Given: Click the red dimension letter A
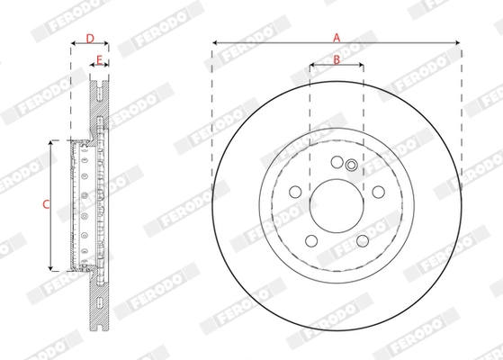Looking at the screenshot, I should point(337,37).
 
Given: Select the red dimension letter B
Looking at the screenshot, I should point(336,59).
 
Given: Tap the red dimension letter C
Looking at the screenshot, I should point(45,204).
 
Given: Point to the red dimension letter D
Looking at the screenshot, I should point(89,38).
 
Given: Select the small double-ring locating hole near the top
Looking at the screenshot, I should point(351,165).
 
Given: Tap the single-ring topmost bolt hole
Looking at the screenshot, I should point(337,162).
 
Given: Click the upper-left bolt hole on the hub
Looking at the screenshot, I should point(295,190).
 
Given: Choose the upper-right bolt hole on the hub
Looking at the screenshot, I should point(378,190).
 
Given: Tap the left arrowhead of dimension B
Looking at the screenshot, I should point(311,66).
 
